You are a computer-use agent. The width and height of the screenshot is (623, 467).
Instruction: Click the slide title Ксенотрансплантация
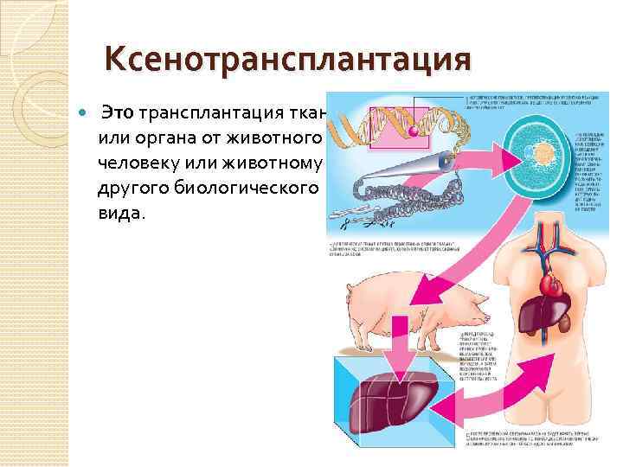point(288,60)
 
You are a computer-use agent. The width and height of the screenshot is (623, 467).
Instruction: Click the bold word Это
point(118,113)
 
